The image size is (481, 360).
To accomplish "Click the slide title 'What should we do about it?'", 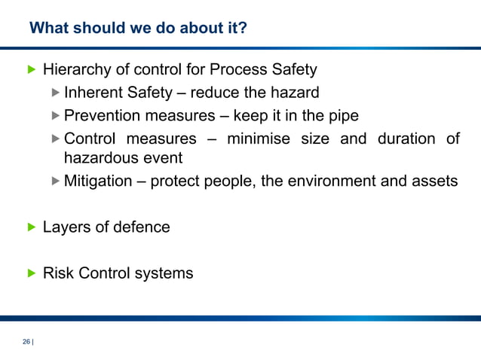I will click(138, 29).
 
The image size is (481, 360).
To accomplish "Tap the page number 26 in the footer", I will click(26, 342).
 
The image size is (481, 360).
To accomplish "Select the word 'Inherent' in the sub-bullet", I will click(94, 93).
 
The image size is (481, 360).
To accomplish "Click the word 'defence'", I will click(141, 227).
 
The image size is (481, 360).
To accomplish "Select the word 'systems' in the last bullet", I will click(164, 273).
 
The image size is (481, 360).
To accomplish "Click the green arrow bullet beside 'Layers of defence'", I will click(31, 227).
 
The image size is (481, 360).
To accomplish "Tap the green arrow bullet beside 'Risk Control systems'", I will click(31, 273).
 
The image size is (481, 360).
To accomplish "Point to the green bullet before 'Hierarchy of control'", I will click(31, 70).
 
